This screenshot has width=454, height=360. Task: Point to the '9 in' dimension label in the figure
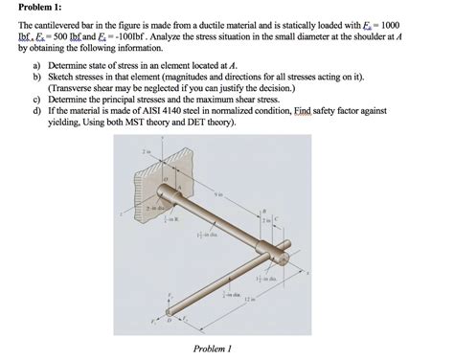click(217, 195)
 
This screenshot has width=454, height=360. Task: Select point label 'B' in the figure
click(264, 210)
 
